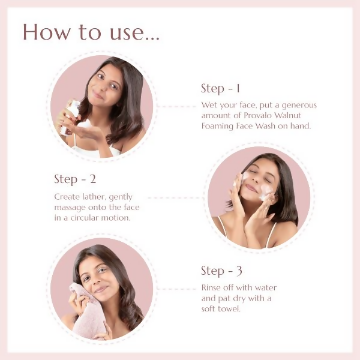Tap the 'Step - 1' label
[x=220, y=89]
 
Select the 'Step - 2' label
[x=75, y=179]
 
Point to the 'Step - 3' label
[x=221, y=271]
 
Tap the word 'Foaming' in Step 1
[x=218, y=126]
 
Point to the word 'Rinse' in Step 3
[x=212, y=288]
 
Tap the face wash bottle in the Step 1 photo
[x=71, y=115]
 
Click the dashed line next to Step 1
[x=177, y=107]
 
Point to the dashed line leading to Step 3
[x=177, y=289]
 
